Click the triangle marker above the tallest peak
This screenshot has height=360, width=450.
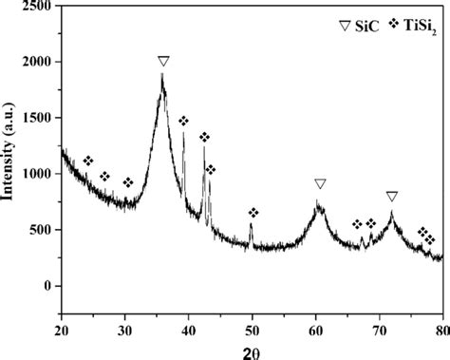[163, 62]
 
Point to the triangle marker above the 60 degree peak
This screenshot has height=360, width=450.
[320, 184]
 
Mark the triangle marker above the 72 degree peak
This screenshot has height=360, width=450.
[392, 197]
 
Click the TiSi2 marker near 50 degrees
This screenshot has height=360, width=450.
[253, 213]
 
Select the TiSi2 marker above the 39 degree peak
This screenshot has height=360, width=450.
[183, 121]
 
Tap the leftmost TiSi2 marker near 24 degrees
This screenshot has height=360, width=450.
[88, 161]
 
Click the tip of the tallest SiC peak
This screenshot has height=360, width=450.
[162, 76]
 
